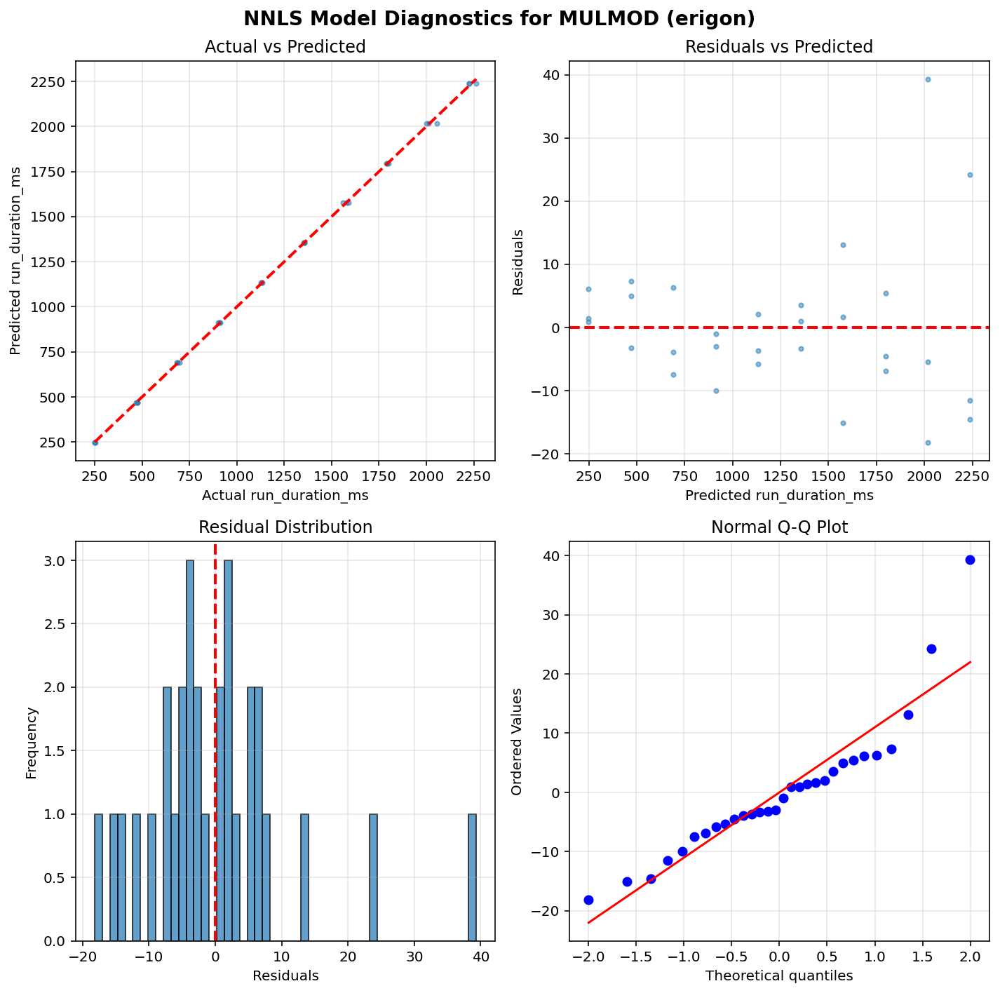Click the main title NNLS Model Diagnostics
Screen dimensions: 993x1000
coord(499,18)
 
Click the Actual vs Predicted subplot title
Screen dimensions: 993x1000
coord(285,47)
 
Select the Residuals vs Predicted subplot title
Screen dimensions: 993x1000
coord(778,47)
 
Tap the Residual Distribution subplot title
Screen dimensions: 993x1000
coord(285,527)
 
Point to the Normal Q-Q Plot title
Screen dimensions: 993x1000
coord(778,527)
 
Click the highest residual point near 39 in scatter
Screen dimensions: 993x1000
coord(928,79)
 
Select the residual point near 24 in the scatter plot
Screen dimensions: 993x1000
coord(970,175)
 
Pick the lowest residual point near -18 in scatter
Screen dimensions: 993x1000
coord(928,443)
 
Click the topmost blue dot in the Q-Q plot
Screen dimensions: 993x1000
coord(970,560)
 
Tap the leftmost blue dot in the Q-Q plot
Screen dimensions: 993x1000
coord(588,900)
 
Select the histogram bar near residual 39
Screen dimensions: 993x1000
coord(473,877)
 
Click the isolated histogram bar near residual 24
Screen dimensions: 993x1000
coord(373,877)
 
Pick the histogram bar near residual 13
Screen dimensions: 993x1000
coord(304,877)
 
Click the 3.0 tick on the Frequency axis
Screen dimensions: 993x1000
coord(56,561)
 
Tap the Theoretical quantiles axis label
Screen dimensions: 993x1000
coord(778,975)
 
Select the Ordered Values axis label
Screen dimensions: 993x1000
coord(517,741)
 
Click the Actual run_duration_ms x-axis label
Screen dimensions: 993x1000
coord(285,495)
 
